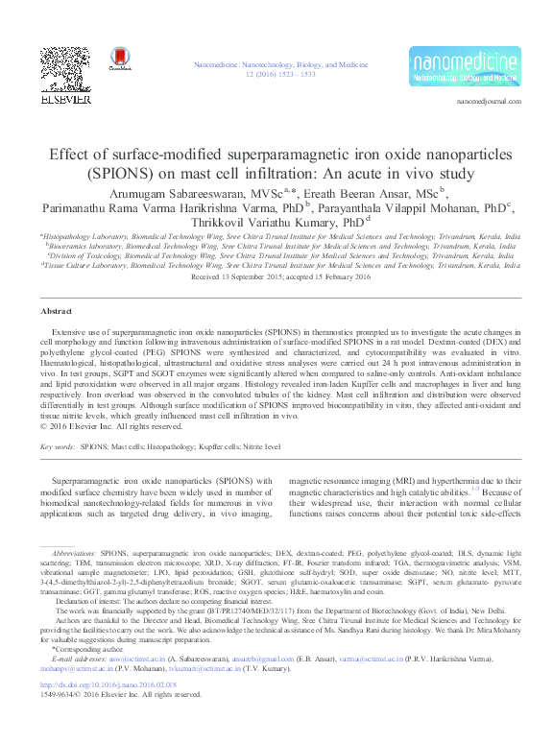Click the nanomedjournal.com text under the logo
click(489, 101)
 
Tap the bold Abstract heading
click(56, 285)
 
